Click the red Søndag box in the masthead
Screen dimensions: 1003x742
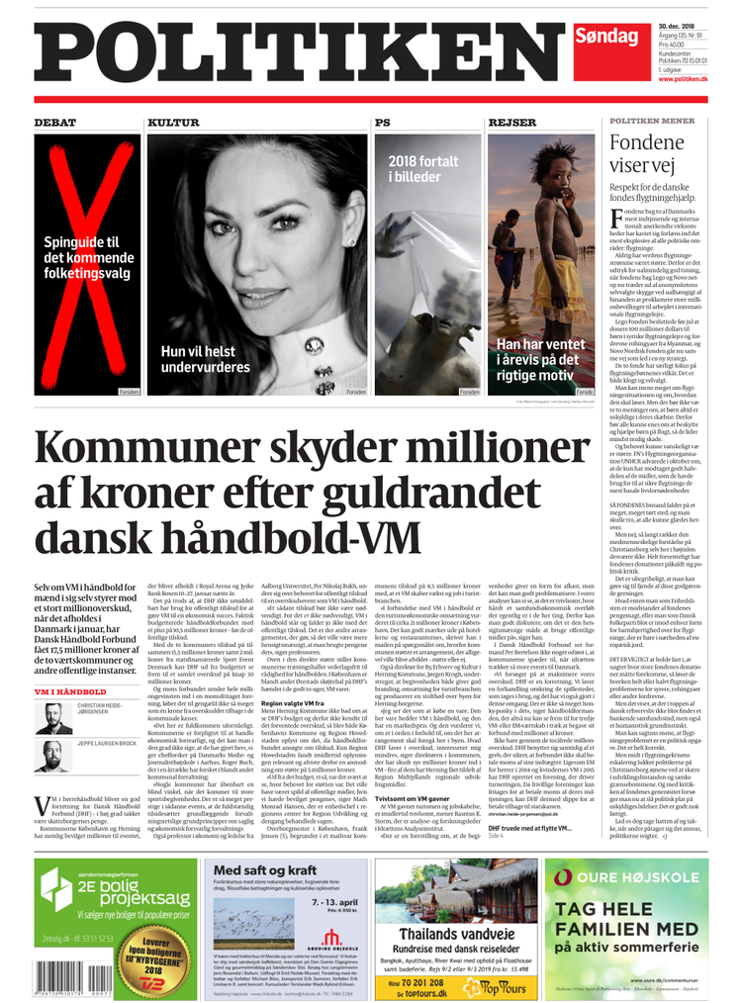[605, 38]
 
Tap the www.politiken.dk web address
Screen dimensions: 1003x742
[683, 78]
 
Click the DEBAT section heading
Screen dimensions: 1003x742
[55, 123]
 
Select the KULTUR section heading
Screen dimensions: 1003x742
[174, 123]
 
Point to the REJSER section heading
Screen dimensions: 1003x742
[512, 123]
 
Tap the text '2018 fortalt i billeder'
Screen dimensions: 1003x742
[422, 169]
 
